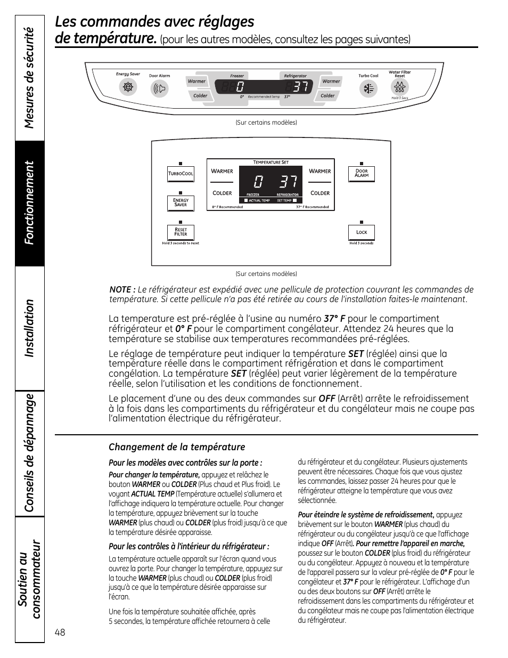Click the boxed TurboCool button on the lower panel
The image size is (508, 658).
click(181, 174)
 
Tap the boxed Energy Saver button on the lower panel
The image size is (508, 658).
click(181, 202)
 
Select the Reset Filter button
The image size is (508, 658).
click(181, 232)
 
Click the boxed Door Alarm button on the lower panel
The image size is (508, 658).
click(362, 174)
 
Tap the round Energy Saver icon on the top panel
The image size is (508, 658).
click(128, 87)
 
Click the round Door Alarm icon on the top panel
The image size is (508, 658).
click(159, 88)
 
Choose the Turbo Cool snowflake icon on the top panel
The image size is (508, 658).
click(368, 88)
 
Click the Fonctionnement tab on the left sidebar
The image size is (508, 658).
click(30, 203)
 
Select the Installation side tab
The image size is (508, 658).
click(30, 328)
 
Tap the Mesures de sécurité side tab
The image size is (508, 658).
click(30, 78)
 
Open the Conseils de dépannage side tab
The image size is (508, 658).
click(30, 453)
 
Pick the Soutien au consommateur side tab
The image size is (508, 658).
click(30, 579)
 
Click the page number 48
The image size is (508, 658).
click(60, 632)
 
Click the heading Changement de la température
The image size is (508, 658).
click(177, 447)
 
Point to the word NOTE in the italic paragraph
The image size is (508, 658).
click(120, 290)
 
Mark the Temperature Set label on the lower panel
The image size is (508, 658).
click(271, 162)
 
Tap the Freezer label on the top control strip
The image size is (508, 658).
click(237, 76)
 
